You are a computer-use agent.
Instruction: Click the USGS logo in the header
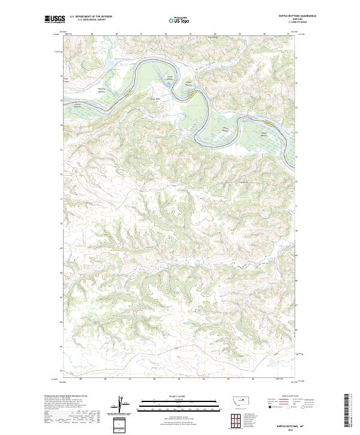[55, 19]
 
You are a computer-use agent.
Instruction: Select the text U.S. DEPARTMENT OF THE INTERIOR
[90, 17]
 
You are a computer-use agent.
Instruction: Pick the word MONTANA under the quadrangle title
[294, 20]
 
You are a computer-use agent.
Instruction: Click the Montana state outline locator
[235, 401]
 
